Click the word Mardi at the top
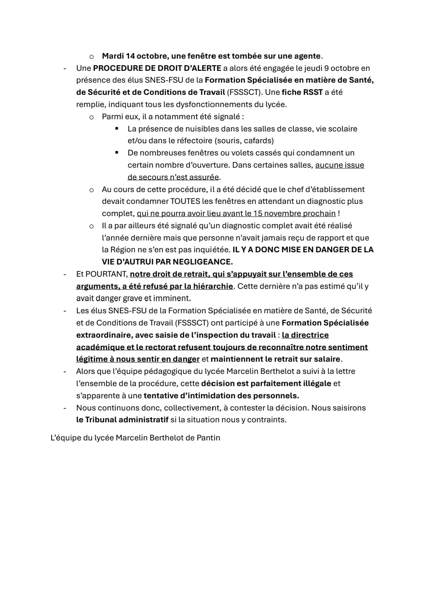(x=112, y=56)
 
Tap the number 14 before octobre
(x=130, y=56)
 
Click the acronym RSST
(x=313, y=92)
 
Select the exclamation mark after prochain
(x=339, y=213)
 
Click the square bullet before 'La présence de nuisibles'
(x=117, y=128)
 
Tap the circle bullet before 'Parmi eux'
(x=91, y=117)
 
